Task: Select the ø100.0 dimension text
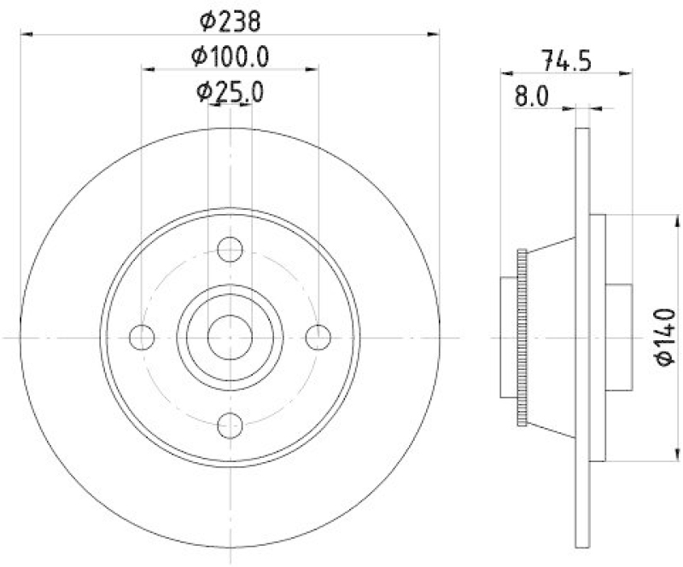coord(230,56)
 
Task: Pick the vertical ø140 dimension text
coord(667,338)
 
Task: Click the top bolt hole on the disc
coord(230,249)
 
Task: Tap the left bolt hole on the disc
coord(142,337)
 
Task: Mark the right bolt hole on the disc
coord(318,337)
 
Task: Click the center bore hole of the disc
coord(230,337)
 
